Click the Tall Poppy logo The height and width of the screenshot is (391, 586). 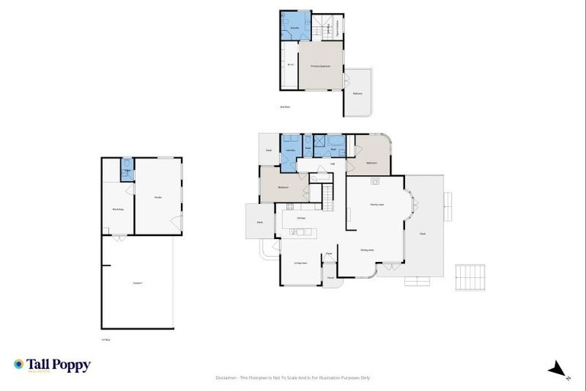[x=52, y=365]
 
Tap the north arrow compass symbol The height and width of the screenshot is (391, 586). [x=559, y=370]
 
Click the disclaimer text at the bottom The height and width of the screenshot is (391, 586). [x=293, y=377]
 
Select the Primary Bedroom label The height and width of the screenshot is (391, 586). [x=320, y=67]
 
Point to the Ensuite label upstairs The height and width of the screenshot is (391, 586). [x=295, y=27]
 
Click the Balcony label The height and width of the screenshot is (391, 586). [x=357, y=93]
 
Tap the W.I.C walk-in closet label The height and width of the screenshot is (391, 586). [x=290, y=65]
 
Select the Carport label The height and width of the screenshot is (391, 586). [x=137, y=283]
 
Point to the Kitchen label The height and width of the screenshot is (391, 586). [x=301, y=218]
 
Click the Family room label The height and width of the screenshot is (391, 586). [x=376, y=204]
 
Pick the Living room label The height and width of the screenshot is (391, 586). [x=301, y=263]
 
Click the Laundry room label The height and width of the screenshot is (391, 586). [x=290, y=150]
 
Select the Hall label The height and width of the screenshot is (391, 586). [x=333, y=163]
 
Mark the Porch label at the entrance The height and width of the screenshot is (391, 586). [x=331, y=277]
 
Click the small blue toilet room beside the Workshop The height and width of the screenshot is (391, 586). [x=127, y=169]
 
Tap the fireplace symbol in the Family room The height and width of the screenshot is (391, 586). [x=375, y=181]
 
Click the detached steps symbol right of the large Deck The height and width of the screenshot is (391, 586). [x=470, y=277]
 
